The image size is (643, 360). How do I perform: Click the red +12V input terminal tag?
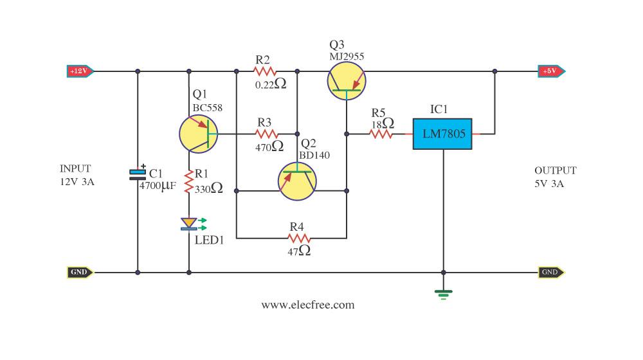coord(80,71)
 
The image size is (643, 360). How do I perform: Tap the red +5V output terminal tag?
coord(552,71)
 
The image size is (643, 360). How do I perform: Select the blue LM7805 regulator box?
coord(442,134)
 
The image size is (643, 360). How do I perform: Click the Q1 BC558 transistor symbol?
coord(199,134)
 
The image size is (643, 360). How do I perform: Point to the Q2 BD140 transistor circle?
coord(297,181)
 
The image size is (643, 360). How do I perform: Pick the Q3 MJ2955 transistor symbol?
coord(347,81)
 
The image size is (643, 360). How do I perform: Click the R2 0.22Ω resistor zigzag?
coord(265,72)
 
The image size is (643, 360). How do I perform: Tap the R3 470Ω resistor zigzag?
coord(267,134)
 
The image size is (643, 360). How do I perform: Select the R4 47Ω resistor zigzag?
coord(299,239)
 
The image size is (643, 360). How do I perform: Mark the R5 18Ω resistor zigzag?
coord(381,134)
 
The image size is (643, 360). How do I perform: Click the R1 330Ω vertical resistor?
coord(188,182)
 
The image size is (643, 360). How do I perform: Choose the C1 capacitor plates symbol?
coord(138,175)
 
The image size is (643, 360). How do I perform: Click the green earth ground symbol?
coord(443,294)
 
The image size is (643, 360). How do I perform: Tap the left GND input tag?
coord(80,273)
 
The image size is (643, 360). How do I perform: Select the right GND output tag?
coord(551,273)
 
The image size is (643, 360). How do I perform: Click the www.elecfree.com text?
coord(308,305)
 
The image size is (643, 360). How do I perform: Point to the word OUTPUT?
coord(556,170)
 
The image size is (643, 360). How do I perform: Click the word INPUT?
coord(75,169)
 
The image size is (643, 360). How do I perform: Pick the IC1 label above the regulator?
coord(439,109)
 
